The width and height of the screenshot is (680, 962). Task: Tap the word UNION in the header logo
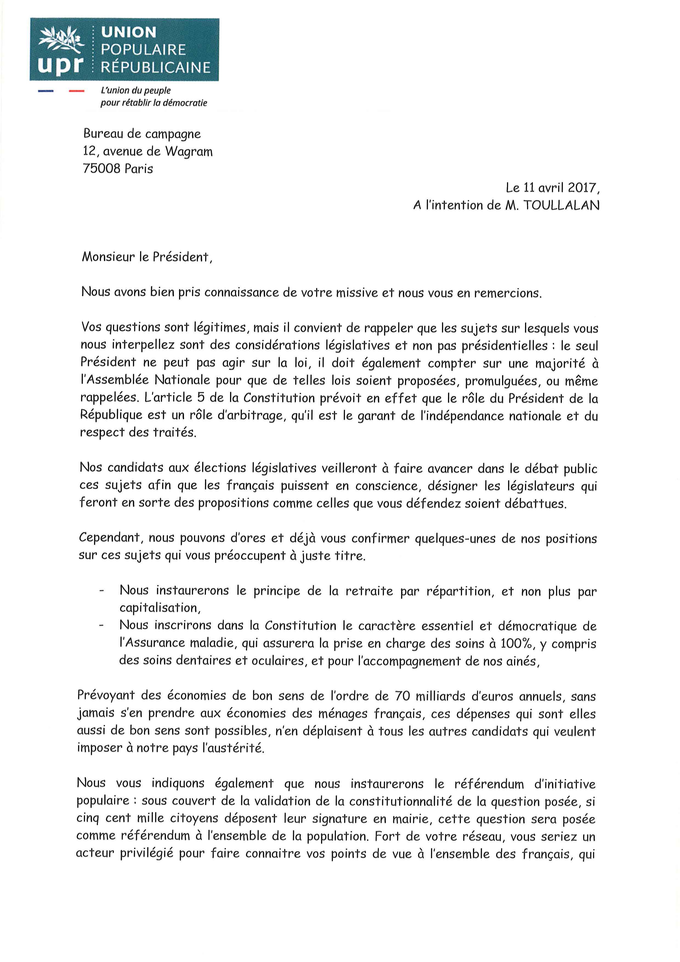129,32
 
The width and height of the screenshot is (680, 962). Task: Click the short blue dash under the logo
46,91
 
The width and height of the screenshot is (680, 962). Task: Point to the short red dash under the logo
76,91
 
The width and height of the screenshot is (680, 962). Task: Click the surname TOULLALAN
562,205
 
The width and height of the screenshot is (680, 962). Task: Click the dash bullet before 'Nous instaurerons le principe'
101,591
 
